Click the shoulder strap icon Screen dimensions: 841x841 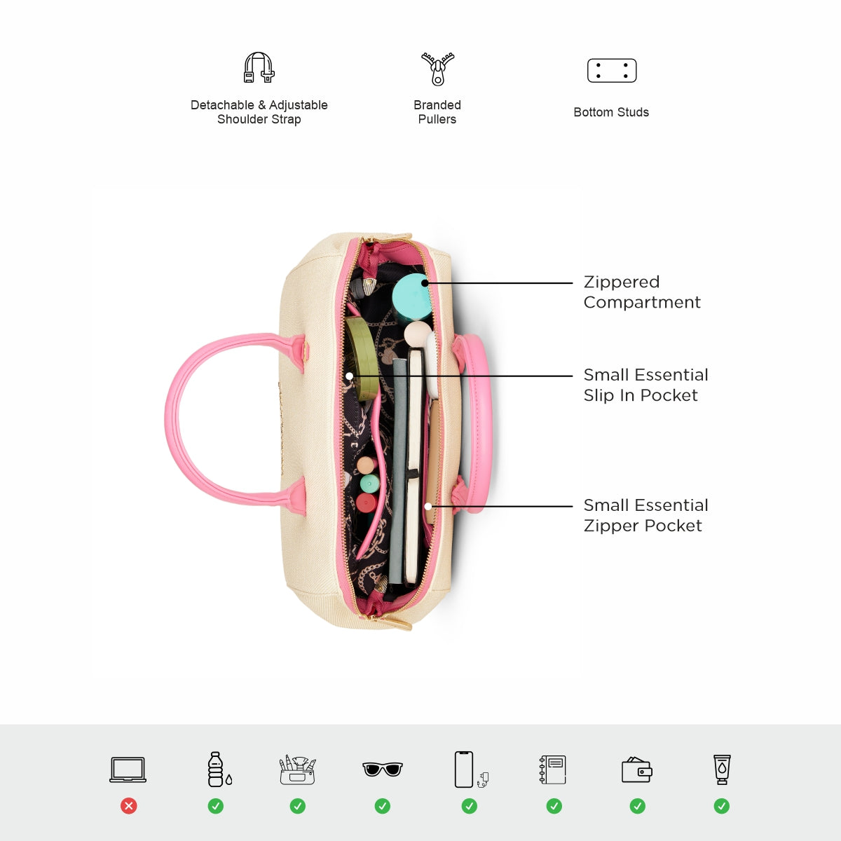[259, 68]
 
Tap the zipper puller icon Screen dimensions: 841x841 [437, 69]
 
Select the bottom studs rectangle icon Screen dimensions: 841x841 [612, 70]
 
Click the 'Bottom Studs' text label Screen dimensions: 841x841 [611, 112]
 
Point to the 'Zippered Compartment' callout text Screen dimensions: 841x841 [642, 292]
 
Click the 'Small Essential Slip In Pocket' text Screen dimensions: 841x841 [646, 385]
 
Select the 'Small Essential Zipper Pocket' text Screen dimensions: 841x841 [646, 515]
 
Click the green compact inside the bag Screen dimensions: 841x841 [362, 358]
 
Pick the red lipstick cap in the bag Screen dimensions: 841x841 [367, 502]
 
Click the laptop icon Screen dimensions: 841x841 [128, 770]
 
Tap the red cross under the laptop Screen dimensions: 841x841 [129, 806]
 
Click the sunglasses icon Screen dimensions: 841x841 [383, 770]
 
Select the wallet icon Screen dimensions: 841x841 [637, 770]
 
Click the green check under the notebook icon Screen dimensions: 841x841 [554, 806]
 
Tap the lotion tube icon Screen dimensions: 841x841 [722, 770]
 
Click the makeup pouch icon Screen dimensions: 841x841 [297, 770]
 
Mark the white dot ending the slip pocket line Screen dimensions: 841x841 [350, 376]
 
